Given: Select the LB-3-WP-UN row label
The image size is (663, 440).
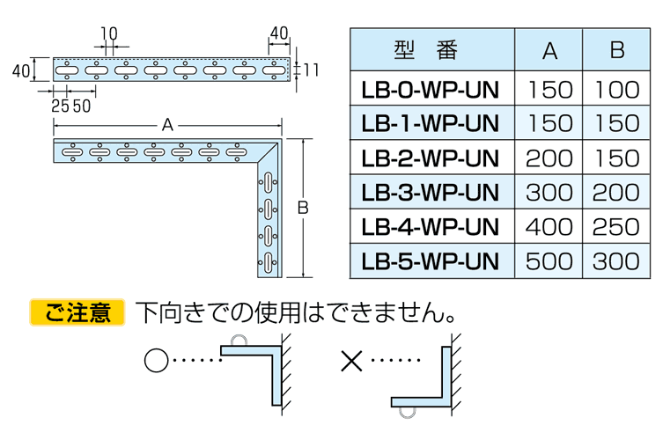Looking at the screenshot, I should click(430, 192).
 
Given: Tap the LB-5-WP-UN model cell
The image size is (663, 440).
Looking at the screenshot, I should click(430, 260).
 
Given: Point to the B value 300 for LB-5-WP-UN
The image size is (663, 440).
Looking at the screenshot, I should click(616, 260).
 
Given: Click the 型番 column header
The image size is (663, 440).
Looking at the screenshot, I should click(430, 50).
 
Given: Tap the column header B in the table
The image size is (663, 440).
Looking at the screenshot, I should click(616, 50).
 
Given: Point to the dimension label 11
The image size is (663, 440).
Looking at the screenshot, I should click(310, 69).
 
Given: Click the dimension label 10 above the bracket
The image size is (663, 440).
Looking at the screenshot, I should click(108, 33).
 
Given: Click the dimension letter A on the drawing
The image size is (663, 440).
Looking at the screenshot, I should click(167, 126).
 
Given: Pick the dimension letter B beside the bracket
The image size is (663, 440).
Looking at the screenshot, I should click(302, 209).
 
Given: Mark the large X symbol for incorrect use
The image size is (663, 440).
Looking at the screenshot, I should click(350, 360).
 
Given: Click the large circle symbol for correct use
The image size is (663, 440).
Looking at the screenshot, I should click(154, 360).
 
